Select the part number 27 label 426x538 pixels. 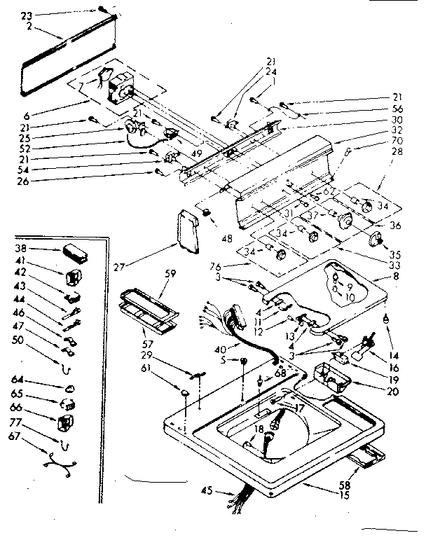(x=159, y=265)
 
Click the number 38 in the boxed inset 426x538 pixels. (x=21, y=248)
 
